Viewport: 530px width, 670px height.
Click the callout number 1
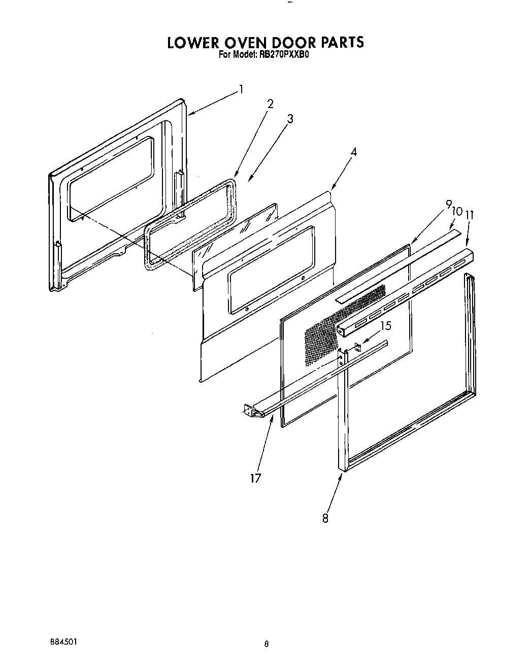coord(241,90)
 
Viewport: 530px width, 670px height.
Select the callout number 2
coord(270,104)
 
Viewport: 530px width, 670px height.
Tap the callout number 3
coord(290,119)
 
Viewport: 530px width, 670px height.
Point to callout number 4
coord(354,151)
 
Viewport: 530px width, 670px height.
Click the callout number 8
coord(325,518)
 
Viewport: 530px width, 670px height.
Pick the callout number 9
coord(448,205)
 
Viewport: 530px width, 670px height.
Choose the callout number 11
coord(470,215)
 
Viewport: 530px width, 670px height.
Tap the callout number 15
coord(386,325)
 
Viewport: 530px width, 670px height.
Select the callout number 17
coord(255,478)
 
